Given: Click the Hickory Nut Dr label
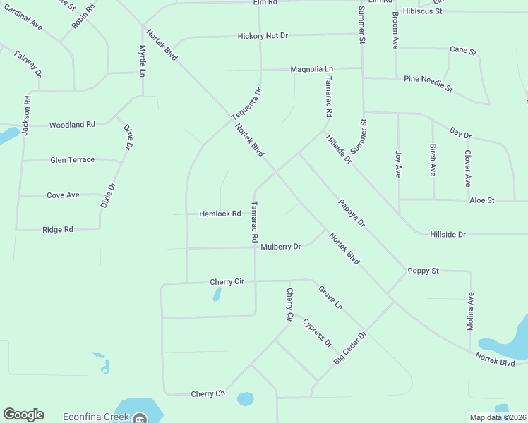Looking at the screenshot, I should (x=263, y=35).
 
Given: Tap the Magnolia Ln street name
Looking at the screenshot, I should (x=311, y=69).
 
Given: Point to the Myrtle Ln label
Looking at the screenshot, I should (x=143, y=61).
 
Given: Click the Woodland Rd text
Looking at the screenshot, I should (x=72, y=125).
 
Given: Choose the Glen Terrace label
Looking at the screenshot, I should (x=72, y=160).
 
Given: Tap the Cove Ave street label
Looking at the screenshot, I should (x=63, y=195).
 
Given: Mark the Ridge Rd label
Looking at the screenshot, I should (x=58, y=230).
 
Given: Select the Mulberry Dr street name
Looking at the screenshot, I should (x=281, y=247).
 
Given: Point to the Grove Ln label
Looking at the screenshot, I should (x=330, y=298).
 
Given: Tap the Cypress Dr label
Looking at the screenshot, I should (x=317, y=333).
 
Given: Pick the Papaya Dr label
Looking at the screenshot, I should (x=351, y=212).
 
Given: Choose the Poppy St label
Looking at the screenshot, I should (x=423, y=271).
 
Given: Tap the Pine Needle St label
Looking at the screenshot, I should (x=428, y=84).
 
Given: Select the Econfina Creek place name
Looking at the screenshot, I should (x=95, y=417).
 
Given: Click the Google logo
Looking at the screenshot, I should (x=23, y=415).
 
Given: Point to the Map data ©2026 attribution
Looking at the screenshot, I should (x=497, y=417).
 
